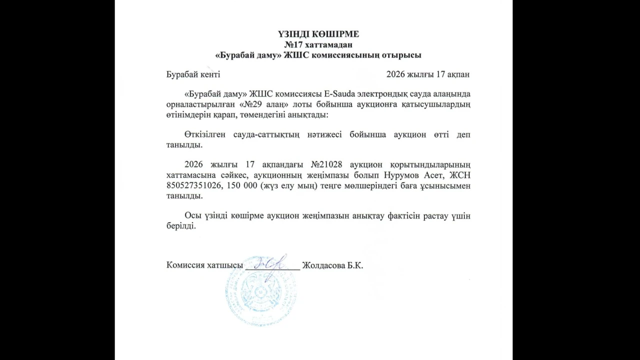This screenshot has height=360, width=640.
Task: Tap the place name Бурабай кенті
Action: pyautogui.click(x=193, y=74)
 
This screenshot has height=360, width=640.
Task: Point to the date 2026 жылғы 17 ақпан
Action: pyautogui.click(x=428, y=74)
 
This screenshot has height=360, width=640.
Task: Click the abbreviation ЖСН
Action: pyautogui.click(x=461, y=175)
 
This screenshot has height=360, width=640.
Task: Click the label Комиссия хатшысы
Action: pyautogui.click(x=204, y=265)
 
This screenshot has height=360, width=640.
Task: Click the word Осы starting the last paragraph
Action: pyautogui.click(x=192, y=215)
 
